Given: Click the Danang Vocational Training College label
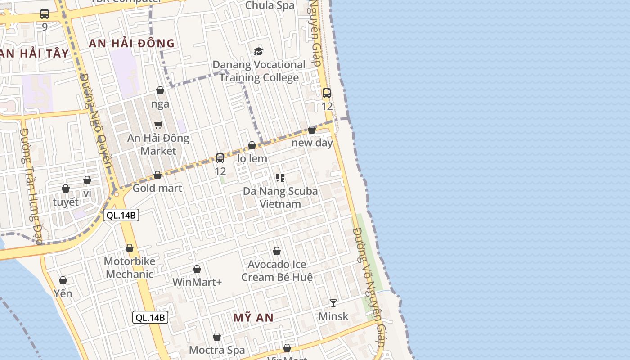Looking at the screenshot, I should [x=259, y=71].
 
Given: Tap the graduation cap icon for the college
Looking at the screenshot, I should [x=258, y=52].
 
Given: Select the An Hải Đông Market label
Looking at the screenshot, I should [x=158, y=144].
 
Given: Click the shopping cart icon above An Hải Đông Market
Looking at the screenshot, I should [x=158, y=125].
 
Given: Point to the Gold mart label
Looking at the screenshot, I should [x=157, y=188].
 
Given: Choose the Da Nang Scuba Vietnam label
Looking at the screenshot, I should [x=280, y=198].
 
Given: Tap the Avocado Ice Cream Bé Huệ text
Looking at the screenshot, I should [x=277, y=271].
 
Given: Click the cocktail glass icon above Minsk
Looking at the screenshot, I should [x=333, y=303].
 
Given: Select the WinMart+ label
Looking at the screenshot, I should [x=197, y=283].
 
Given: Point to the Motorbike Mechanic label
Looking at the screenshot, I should [x=130, y=268].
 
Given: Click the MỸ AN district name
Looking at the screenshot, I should [x=253, y=318].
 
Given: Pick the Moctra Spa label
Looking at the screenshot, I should [x=217, y=350].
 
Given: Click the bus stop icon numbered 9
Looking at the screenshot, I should [x=45, y=14].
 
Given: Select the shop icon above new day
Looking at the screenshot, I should [x=312, y=130].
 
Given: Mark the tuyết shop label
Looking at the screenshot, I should [x=66, y=202].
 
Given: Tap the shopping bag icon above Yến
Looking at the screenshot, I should [x=63, y=280].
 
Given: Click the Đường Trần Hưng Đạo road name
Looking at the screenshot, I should [x=31, y=186].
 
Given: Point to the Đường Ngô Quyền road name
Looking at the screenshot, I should [x=96, y=121].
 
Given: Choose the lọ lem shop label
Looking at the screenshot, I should [x=252, y=158].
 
